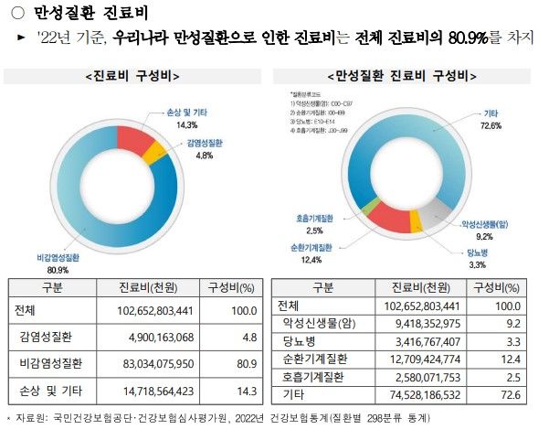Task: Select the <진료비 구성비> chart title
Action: click(131, 75)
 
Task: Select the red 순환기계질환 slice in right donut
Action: click(387, 218)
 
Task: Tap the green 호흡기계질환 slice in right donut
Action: click(365, 208)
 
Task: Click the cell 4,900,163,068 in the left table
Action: click(156, 338)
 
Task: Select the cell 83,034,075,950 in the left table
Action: click(156, 364)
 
